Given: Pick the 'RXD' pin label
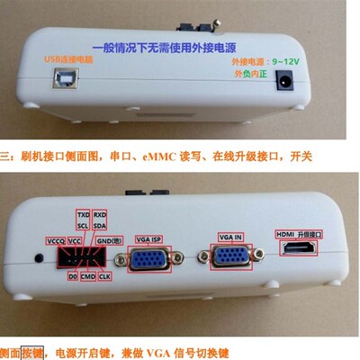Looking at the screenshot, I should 101,216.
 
